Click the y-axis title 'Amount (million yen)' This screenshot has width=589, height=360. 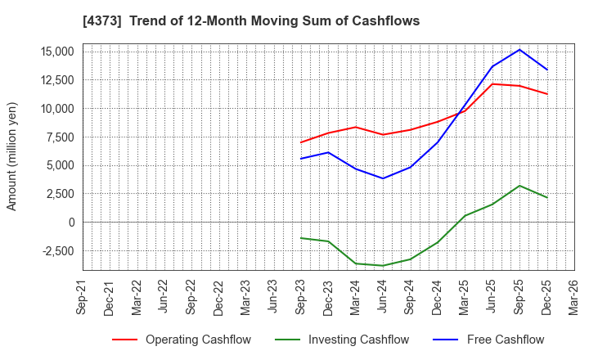(x=11, y=156)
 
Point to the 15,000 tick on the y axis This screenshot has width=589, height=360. (x=55, y=52)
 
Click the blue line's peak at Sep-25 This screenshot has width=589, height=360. (x=519, y=49)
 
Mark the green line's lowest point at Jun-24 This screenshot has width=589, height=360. (x=383, y=266)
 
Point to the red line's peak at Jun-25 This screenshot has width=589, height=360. (x=492, y=83)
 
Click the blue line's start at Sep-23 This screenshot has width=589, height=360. (x=301, y=159)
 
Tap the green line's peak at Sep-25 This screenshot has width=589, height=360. (x=519, y=186)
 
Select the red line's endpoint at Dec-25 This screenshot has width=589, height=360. (x=547, y=94)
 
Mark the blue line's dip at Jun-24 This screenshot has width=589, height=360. (x=383, y=178)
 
